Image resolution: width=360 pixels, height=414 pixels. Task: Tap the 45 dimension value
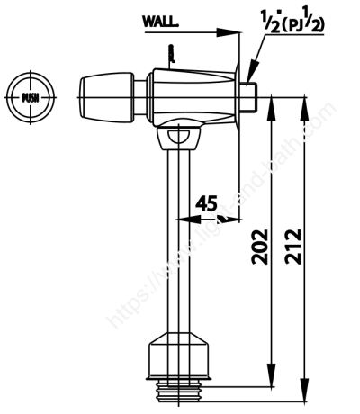pyautogui.click(x=206, y=203)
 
